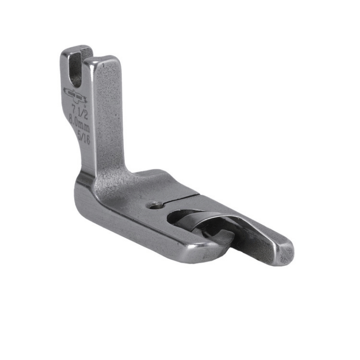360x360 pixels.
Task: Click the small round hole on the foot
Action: click(x=156, y=205)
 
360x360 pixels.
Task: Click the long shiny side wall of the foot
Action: click(x=135, y=225)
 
